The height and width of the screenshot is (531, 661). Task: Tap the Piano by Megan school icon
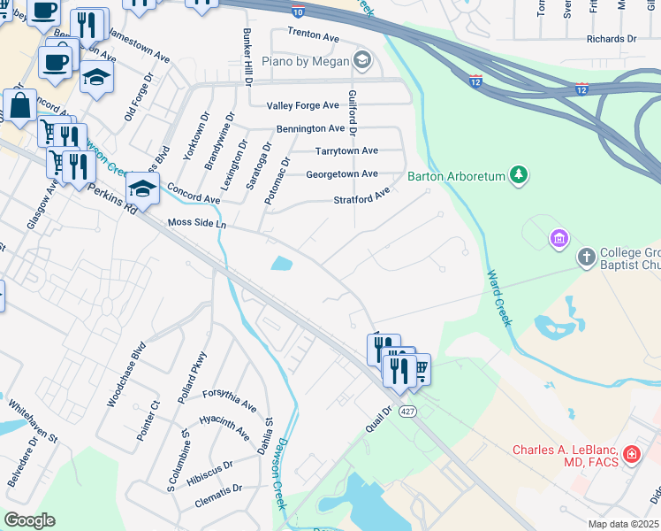tap(361, 60)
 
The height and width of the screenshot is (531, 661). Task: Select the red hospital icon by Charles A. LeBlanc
tap(631, 455)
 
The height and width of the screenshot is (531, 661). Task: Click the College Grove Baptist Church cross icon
tap(585, 258)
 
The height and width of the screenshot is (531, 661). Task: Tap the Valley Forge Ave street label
tap(303, 105)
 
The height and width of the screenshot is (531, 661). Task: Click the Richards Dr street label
tap(612, 39)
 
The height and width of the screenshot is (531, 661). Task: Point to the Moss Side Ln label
tap(197, 225)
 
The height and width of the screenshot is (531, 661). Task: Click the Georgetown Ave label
tap(341, 174)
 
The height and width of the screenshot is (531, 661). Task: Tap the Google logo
tap(28, 520)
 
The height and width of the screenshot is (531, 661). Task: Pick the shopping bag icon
tap(19, 105)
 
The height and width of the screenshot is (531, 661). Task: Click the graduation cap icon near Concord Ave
tap(141, 188)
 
